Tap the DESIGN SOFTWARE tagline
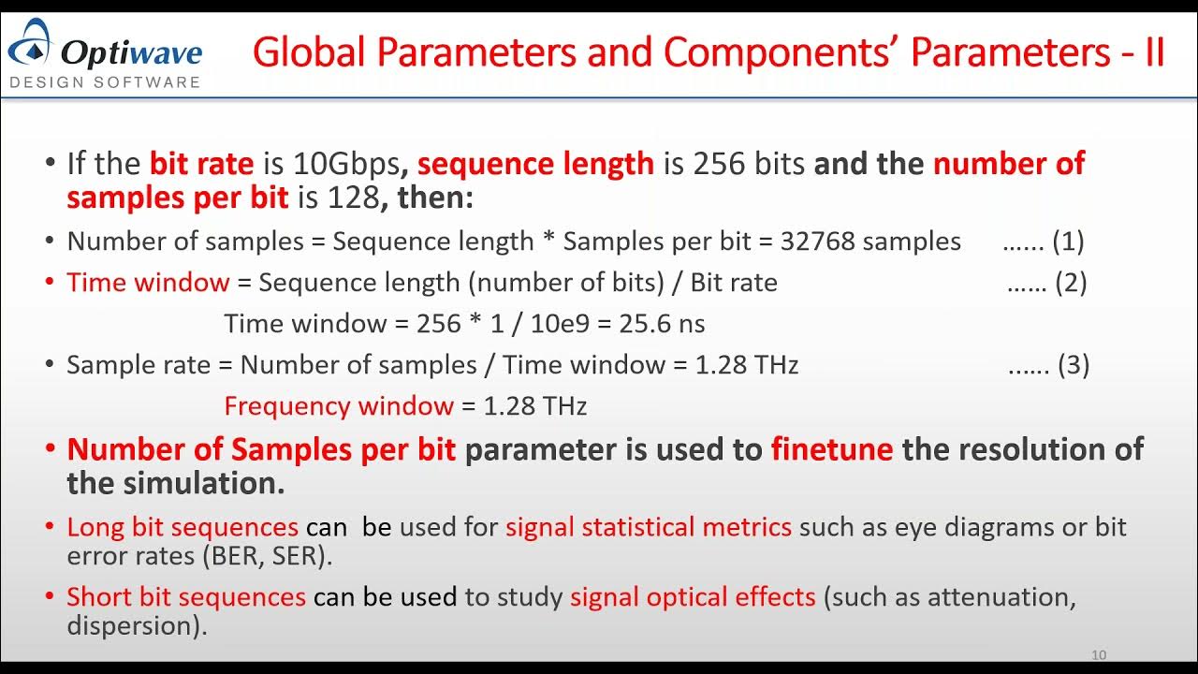105,81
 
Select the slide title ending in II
709,52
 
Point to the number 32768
818,242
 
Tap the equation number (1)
1068,242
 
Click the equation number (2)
1071,283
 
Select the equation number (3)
1074,364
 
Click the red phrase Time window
148,283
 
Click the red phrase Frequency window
339,406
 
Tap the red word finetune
832,449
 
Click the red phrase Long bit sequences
183,527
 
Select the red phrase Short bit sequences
186,597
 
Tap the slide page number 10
1099,655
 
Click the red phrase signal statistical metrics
649,527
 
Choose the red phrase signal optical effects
693,597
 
